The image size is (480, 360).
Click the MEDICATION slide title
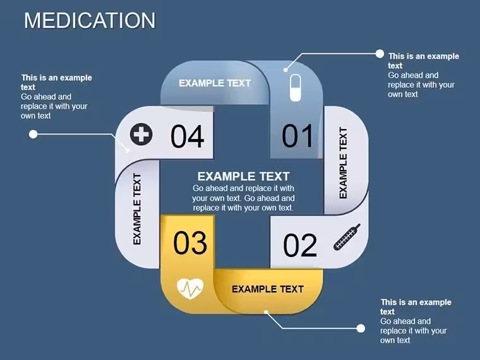click(x=90, y=20)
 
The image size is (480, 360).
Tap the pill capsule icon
click(x=296, y=88)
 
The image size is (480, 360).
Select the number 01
click(x=297, y=136)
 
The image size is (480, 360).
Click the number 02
click(x=300, y=245)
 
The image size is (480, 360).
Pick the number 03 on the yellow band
click(x=190, y=243)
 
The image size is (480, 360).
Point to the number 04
click(x=187, y=136)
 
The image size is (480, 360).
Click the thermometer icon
click(x=347, y=237)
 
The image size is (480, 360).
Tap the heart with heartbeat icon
click(x=190, y=289)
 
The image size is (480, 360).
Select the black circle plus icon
click(x=141, y=134)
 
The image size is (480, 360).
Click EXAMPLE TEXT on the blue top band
click(x=215, y=83)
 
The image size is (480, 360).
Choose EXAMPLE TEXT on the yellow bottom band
click(x=268, y=289)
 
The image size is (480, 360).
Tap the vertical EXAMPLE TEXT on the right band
click(x=343, y=163)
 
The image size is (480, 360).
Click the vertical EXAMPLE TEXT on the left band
click(x=137, y=209)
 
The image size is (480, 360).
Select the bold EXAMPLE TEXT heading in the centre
click(x=243, y=176)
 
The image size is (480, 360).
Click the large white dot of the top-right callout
click(x=380, y=54)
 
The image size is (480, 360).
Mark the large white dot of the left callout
click(x=33, y=134)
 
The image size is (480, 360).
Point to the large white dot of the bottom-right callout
click(x=361, y=328)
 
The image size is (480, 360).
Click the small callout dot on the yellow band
click(x=266, y=312)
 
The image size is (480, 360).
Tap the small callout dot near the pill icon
click(x=285, y=70)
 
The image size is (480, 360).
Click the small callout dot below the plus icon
click(x=128, y=150)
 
